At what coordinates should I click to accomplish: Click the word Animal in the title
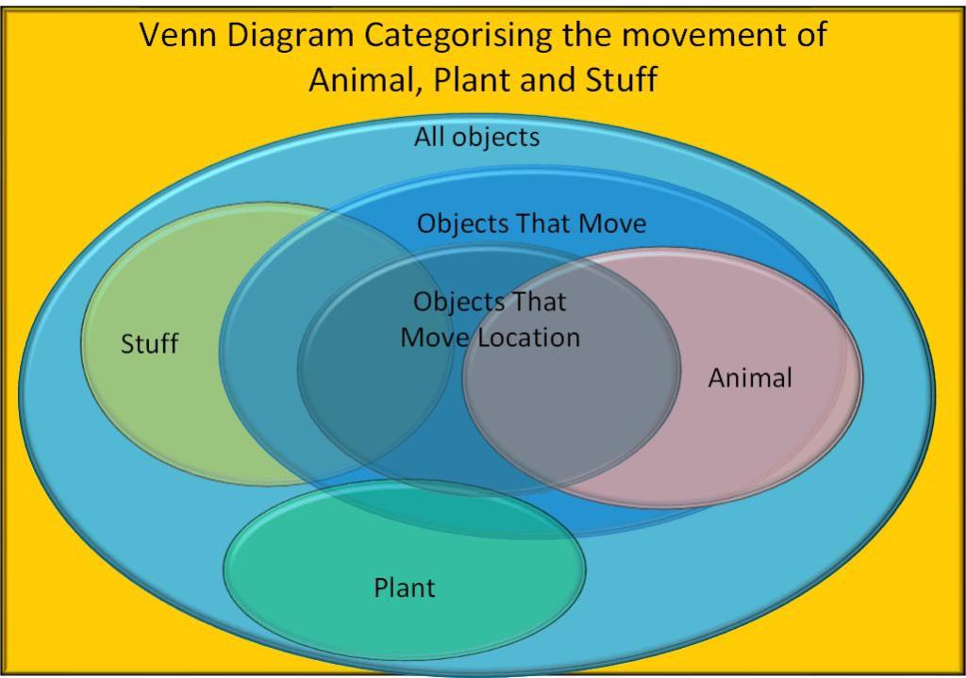[361, 80]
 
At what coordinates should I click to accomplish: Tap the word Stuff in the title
[619, 80]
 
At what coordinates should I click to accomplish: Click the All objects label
[476, 138]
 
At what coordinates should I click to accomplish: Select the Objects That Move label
[531, 223]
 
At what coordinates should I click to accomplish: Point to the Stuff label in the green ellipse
[149, 344]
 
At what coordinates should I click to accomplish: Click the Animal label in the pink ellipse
[750, 378]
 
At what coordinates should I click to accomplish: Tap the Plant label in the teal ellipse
[405, 588]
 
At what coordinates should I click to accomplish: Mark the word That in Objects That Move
[544, 223]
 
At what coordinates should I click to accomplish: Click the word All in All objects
[429, 138]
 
